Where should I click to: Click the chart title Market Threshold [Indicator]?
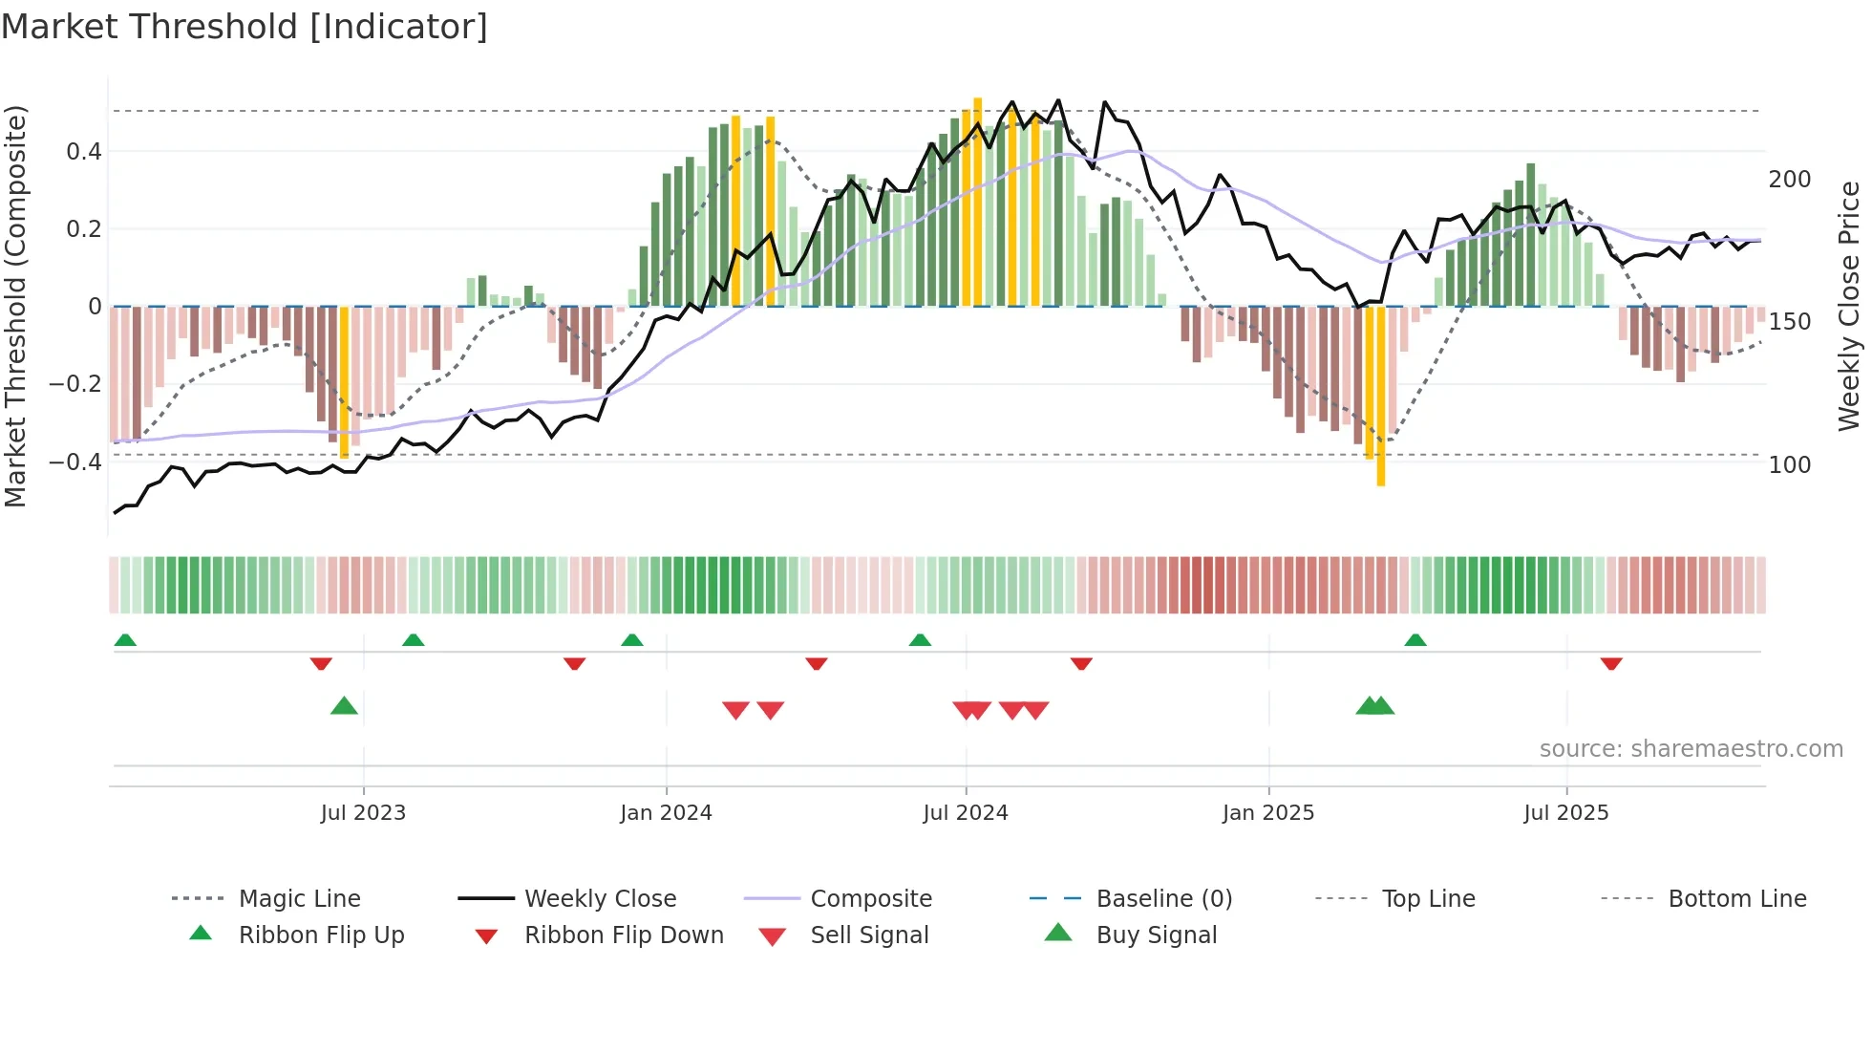point(245,27)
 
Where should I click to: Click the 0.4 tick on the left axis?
point(84,151)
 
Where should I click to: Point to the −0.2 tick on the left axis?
point(74,384)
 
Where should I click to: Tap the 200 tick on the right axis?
point(1790,180)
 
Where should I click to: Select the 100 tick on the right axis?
point(1790,465)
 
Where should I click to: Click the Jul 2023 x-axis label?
point(363,813)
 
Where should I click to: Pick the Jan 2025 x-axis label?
point(1268,813)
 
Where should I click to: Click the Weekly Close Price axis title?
point(1849,306)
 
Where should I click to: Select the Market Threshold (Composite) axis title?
point(15,306)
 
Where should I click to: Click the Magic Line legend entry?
point(299,899)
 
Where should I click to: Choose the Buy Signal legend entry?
point(1156,935)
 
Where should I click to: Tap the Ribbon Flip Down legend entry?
point(624,935)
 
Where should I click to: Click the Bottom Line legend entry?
point(1736,899)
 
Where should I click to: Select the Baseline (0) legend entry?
point(1163,899)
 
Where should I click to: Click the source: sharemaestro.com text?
point(1691,749)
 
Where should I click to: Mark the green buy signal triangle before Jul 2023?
point(344,706)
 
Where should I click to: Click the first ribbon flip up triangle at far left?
point(125,640)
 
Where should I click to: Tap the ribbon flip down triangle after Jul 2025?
point(1611,663)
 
